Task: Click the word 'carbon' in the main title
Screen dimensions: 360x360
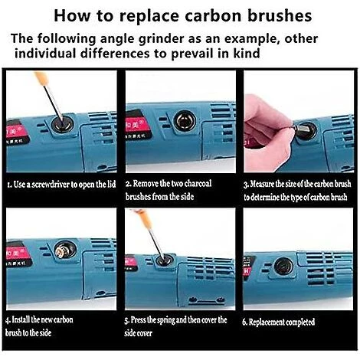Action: coord(214,16)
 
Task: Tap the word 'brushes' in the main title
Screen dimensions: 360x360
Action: coord(280,16)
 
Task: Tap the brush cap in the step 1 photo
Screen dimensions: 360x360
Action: coord(61,123)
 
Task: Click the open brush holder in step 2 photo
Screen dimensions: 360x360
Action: coord(185,120)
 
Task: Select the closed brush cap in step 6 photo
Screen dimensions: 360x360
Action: coord(283,266)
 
